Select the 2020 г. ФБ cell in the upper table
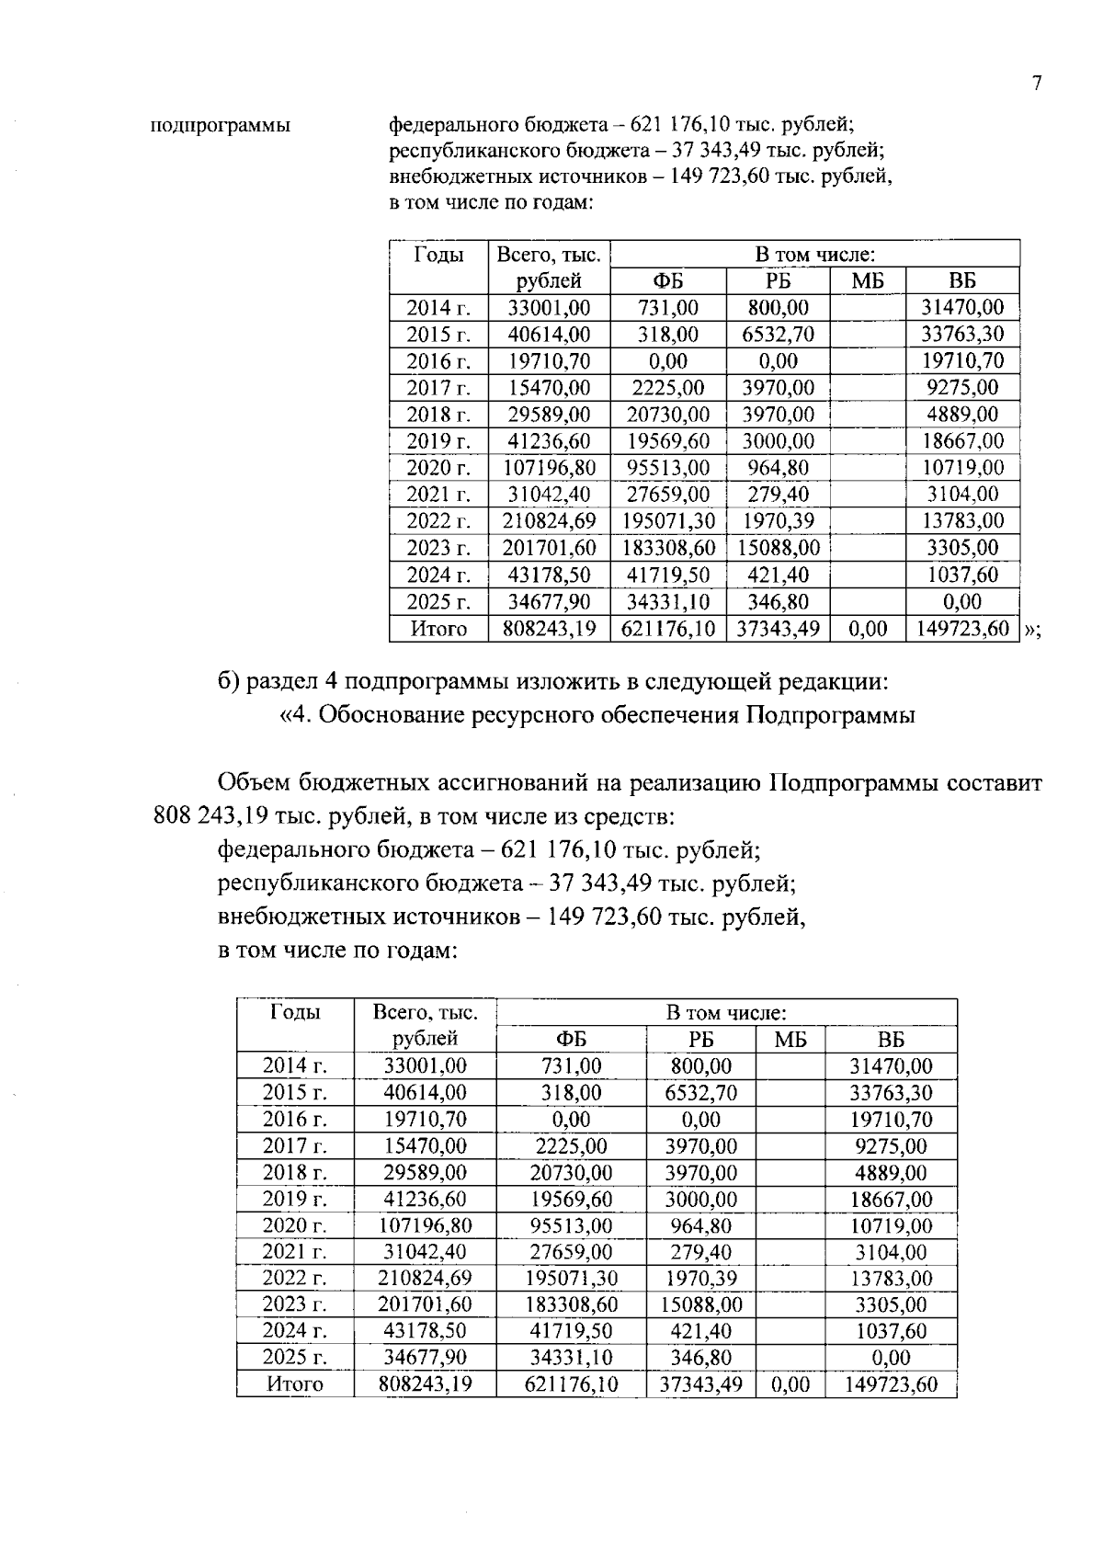[x=667, y=467]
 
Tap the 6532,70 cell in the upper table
[x=778, y=334]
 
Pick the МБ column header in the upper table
[x=867, y=281]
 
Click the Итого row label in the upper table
[x=438, y=629]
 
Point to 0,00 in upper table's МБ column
[x=867, y=629]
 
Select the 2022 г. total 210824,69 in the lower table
[x=425, y=1278]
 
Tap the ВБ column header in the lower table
[x=890, y=1040]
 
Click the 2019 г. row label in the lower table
[x=294, y=1199]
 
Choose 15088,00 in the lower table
[x=700, y=1304]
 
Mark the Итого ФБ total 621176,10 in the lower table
[x=571, y=1384]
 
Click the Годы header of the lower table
[x=295, y=1012]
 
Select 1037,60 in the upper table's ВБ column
[x=962, y=575]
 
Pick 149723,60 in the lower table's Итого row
[x=891, y=1384]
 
